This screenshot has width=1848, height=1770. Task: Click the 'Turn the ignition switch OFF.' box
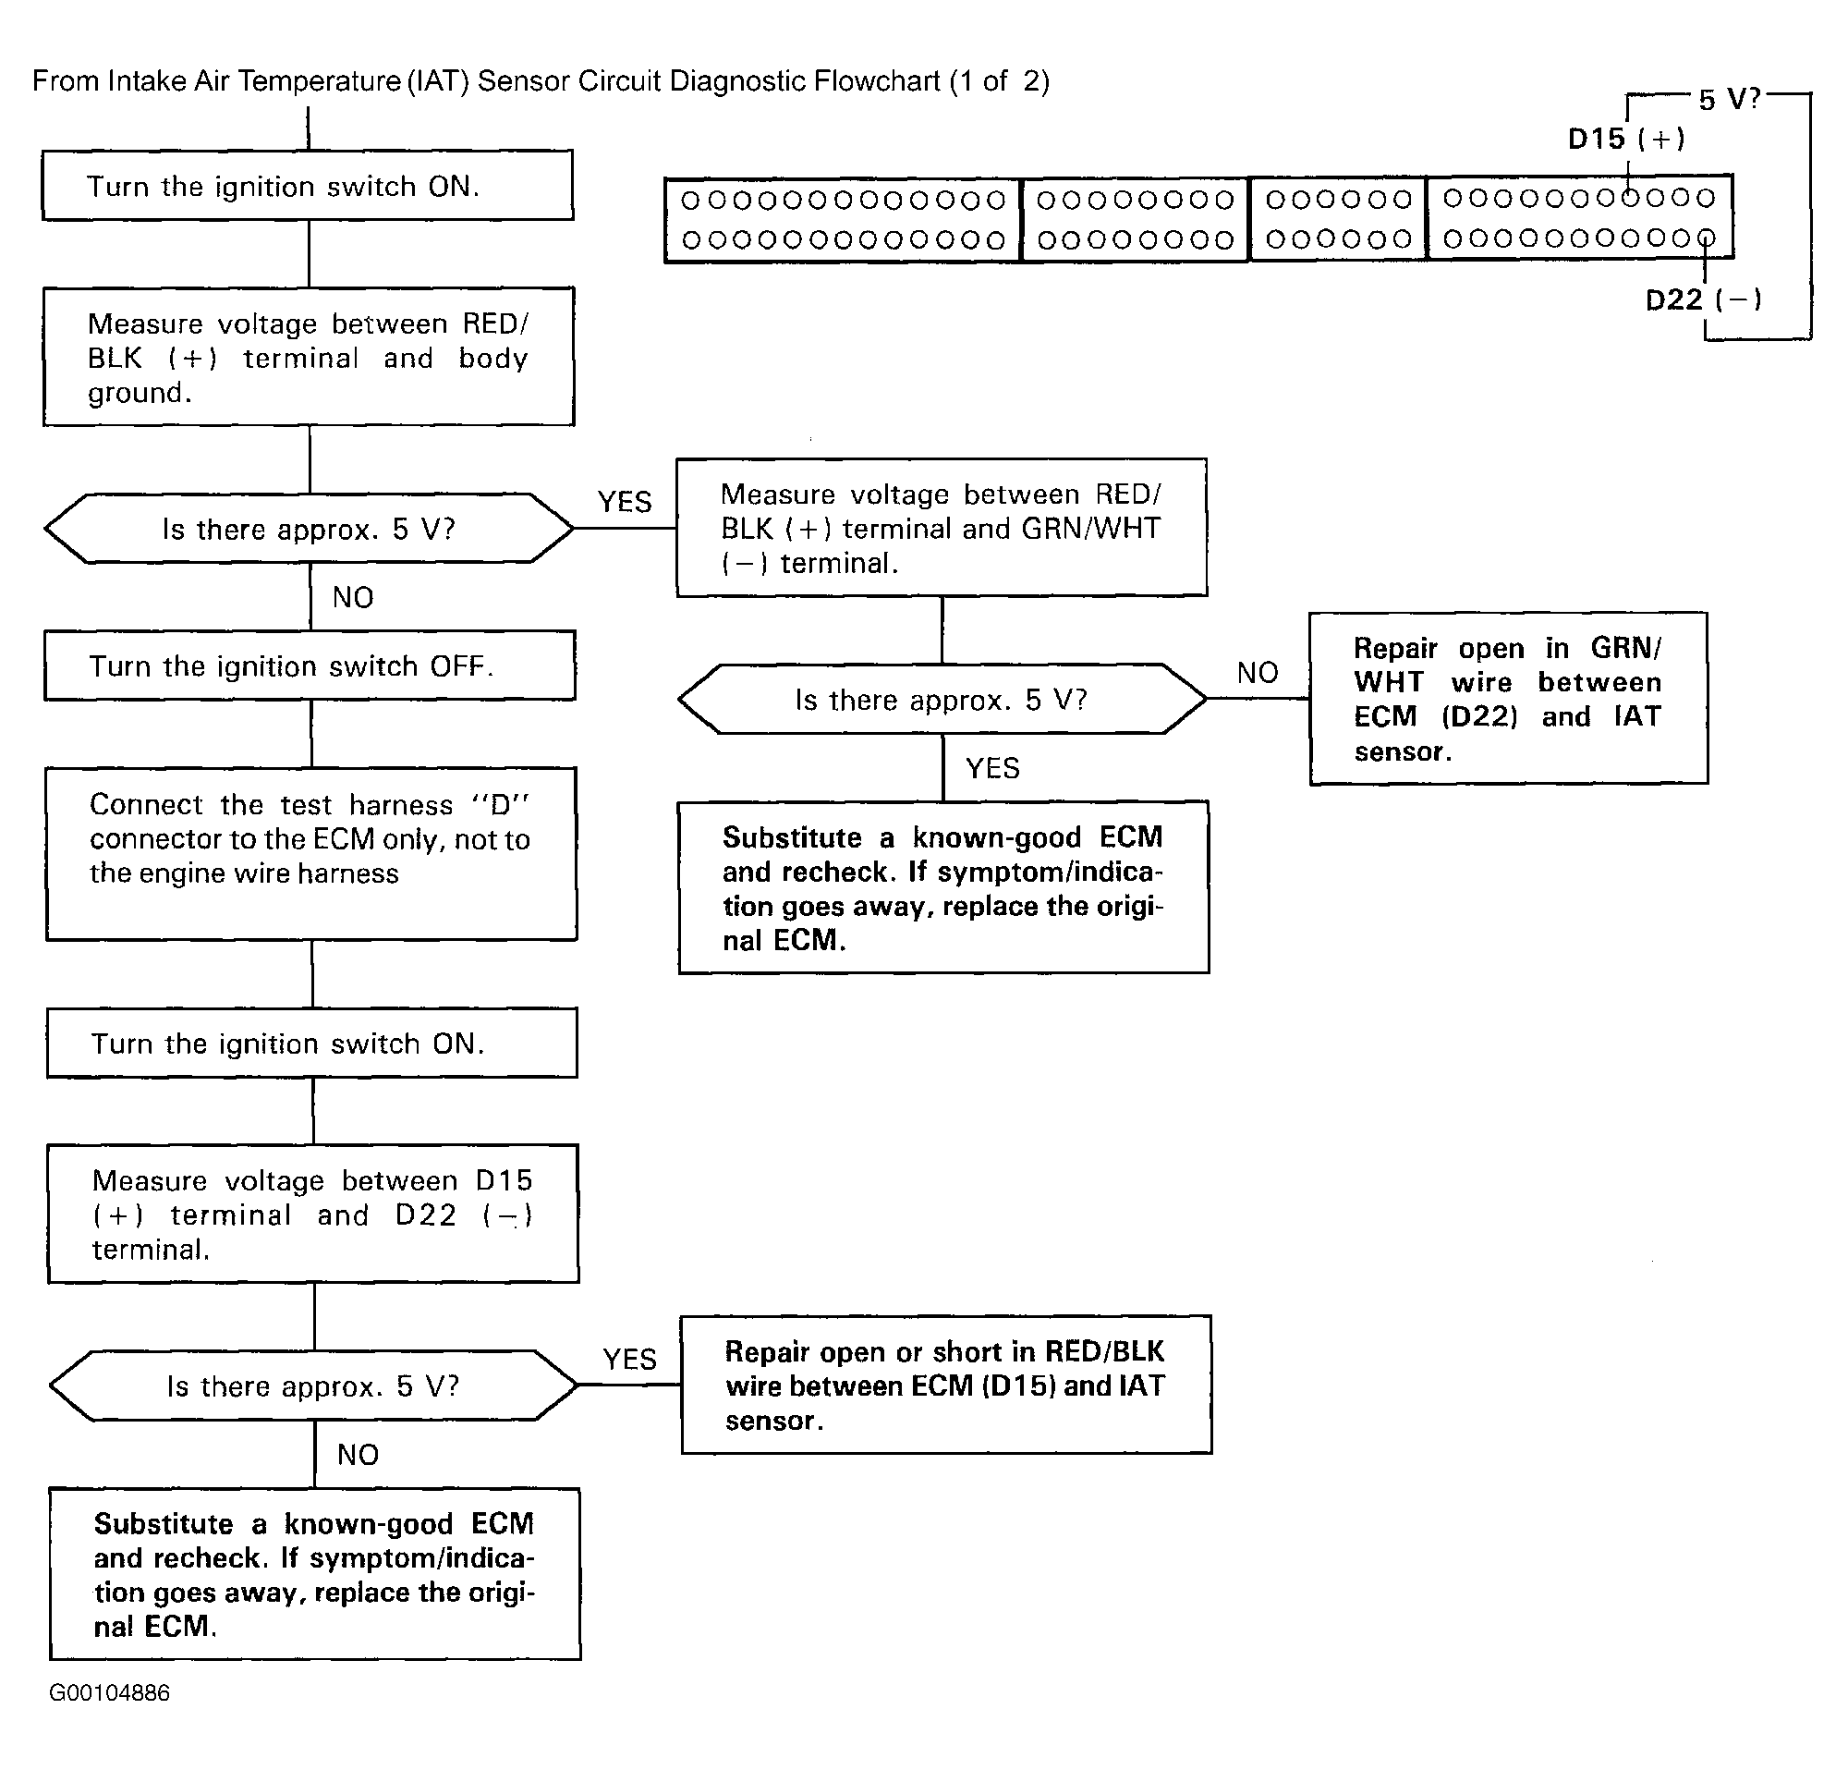coord(310,665)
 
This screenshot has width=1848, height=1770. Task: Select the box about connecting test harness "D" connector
coord(311,853)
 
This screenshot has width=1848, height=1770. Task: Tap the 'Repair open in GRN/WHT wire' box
coord(1509,698)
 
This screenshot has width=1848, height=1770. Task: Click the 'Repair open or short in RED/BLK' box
coord(946,1385)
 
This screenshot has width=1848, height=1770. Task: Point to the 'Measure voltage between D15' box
coord(313,1214)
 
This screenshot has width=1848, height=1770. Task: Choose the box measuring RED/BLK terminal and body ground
coord(309,357)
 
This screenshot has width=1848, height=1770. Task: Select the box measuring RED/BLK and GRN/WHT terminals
coord(942,527)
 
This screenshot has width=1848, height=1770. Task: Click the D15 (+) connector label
coord(1626,140)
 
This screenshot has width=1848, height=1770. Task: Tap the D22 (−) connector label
coord(1703,299)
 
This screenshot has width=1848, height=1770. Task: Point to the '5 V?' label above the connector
coord(1729,99)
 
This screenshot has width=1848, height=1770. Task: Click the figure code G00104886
coord(109,1692)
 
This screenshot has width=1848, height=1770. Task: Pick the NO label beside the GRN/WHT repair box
coord(1258,672)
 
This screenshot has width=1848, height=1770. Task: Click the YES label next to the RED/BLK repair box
coord(630,1359)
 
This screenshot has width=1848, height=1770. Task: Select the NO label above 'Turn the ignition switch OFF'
coord(354,597)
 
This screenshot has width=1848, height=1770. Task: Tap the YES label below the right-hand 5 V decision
coord(992,767)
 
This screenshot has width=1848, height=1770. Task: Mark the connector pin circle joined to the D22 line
coord(1706,238)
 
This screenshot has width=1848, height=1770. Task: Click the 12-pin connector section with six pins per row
coord(1338,219)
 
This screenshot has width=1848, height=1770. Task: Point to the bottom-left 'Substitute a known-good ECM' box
coord(315,1574)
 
